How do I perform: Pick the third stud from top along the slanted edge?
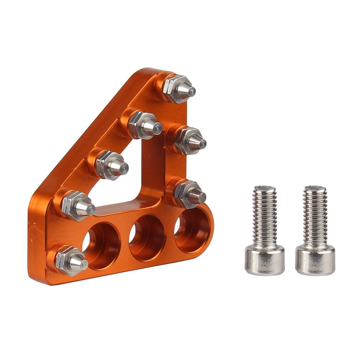(110, 165)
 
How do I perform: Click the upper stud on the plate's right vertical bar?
(189, 140)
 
